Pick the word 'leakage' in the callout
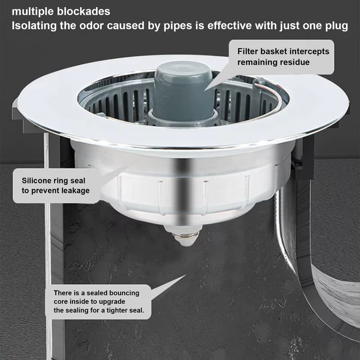pyautogui.click(x=72, y=190)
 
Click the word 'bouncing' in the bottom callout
pyautogui.click(x=122, y=293)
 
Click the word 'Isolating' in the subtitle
pyautogui.click(x=34, y=26)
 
